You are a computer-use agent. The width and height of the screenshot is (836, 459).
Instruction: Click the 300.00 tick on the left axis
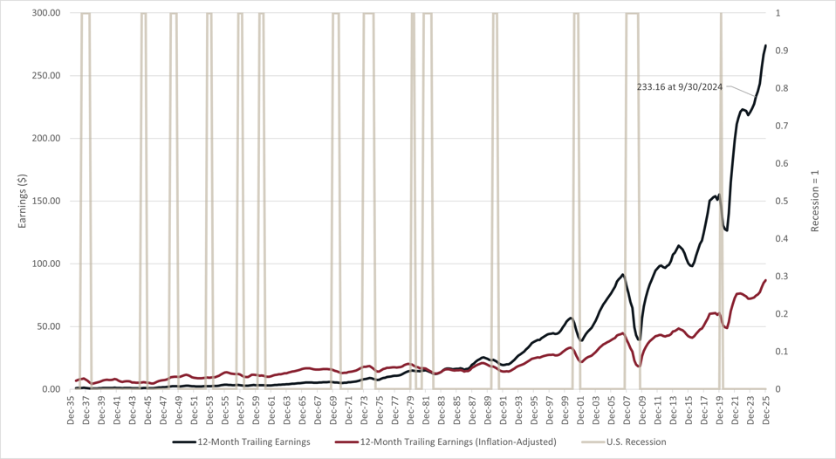[45, 13]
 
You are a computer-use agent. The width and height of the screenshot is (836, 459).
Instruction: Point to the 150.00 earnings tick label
[45, 202]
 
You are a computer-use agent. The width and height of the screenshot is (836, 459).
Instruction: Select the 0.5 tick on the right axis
[782, 202]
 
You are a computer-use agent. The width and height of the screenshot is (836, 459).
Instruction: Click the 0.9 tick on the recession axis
[782, 51]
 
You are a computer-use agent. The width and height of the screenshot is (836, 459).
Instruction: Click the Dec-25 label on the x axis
[766, 408]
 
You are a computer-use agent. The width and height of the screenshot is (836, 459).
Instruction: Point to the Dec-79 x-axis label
[411, 408]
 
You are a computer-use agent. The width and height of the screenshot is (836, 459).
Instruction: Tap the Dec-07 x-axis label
[627, 408]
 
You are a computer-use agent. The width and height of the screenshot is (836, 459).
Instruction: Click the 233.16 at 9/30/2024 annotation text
[679, 87]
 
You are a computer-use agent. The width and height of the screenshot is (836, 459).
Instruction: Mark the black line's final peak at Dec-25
[766, 45]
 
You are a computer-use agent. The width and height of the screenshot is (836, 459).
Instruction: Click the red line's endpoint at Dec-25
[766, 280]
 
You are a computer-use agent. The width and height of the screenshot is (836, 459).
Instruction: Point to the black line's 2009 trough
[639, 339]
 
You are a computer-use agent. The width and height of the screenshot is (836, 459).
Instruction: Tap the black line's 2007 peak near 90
[622, 275]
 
